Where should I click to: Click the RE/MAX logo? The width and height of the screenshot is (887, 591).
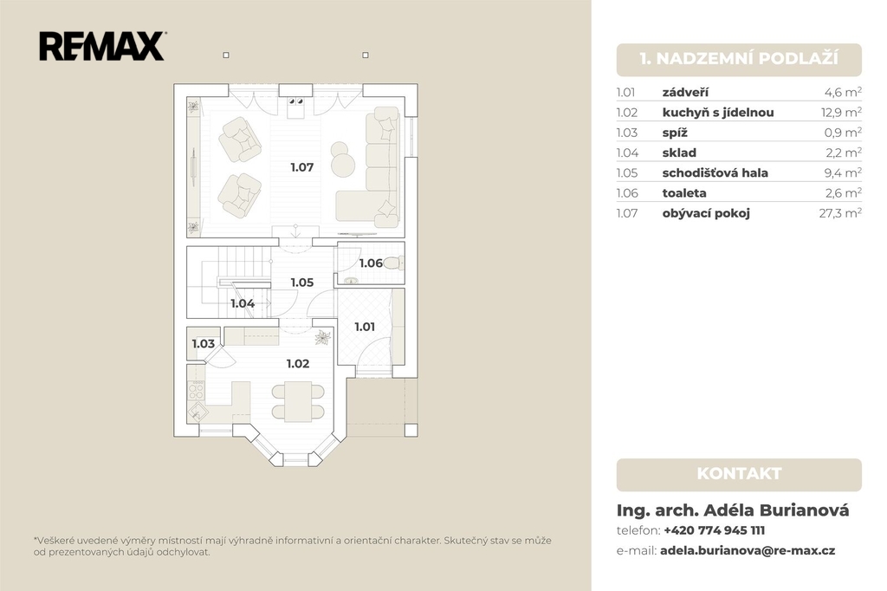click(x=102, y=47)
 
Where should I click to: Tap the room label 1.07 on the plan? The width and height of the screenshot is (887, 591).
click(x=302, y=167)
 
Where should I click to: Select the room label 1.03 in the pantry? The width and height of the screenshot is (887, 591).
click(x=203, y=344)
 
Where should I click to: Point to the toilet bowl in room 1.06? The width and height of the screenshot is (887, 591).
click(x=394, y=263)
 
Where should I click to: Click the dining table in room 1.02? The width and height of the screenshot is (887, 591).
click(x=298, y=401)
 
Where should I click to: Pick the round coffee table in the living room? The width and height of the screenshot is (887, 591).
click(x=343, y=165)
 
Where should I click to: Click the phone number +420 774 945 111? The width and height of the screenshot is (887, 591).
click(x=714, y=530)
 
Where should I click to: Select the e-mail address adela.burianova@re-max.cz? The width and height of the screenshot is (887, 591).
click(x=748, y=550)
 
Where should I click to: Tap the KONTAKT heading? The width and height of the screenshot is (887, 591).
click(x=739, y=474)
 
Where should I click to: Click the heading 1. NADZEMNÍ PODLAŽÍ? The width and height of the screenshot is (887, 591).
click(x=739, y=58)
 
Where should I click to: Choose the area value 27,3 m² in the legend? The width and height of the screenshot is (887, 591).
click(x=840, y=213)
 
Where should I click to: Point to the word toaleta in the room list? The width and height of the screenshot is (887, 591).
click(x=684, y=193)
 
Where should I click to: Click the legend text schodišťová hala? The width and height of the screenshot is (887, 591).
click(x=715, y=172)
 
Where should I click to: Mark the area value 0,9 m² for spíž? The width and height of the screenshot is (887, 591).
click(x=843, y=133)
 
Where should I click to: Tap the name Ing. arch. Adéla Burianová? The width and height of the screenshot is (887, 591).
click(x=733, y=510)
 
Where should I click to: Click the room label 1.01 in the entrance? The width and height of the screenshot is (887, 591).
click(x=365, y=327)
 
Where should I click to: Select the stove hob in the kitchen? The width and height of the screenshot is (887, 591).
click(x=196, y=390)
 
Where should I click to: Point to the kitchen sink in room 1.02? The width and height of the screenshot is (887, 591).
click(x=197, y=411)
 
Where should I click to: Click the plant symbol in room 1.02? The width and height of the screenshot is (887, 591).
click(x=323, y=338)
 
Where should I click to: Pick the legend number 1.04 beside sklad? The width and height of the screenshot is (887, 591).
click(x=627, y=153)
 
